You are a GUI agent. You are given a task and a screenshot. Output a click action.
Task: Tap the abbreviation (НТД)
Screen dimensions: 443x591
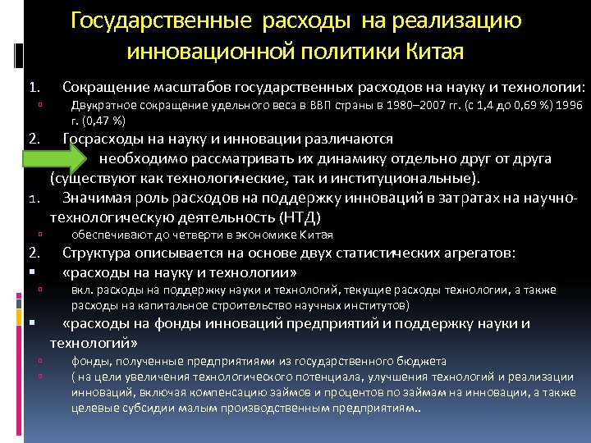[x=300, y=217]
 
